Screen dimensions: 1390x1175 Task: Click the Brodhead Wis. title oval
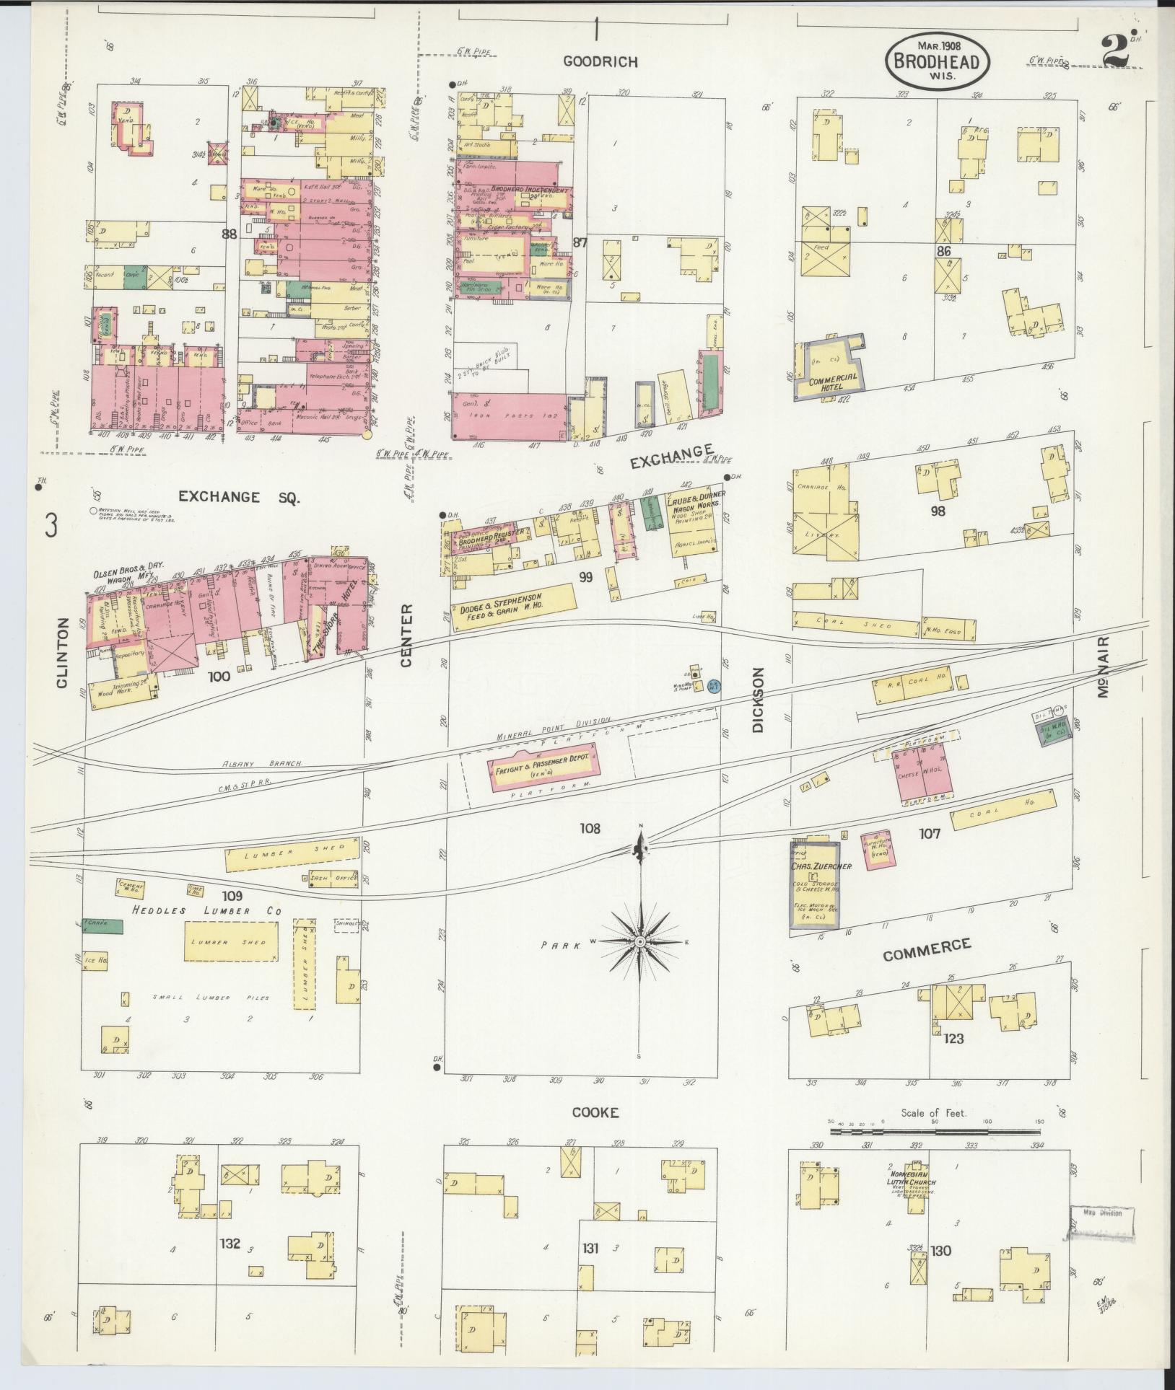[x=937, y=63]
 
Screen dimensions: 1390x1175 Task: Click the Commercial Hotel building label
[x=834, y=380]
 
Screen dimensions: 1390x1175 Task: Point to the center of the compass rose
[x=640, y=942]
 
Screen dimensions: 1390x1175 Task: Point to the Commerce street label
[x=927, y=949]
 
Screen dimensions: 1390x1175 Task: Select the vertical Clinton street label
[x=62, y=654]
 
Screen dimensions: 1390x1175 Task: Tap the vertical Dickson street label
[x=757, y=700]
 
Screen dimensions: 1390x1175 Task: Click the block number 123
[x=953, y=1039]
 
